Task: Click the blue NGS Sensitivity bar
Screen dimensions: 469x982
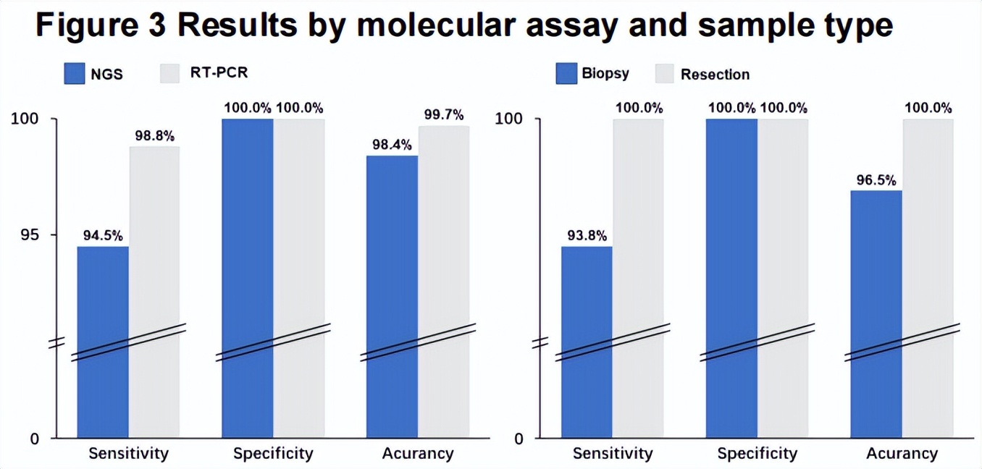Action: pos(103,340)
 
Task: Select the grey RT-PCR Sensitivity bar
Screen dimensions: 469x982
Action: pos(154,290)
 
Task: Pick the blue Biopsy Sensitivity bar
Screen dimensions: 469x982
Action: pos(587,340)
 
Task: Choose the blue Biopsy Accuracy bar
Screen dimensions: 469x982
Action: pos(876,311)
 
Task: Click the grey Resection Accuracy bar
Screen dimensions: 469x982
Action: pos(928,275)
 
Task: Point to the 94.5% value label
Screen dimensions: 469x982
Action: pos(103,235)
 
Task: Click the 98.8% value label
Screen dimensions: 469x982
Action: pos(154,135)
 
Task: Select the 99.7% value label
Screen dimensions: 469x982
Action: pos(443,114)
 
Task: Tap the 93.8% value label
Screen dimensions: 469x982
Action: pos(587,235)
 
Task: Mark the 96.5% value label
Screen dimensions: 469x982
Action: pos(876,179)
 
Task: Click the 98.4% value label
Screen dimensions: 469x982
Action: pos(392,144)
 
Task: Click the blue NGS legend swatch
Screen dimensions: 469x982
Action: pos(75,74)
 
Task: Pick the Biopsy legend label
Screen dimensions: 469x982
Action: pos(605,73)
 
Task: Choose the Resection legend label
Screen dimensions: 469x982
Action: pos(715,74)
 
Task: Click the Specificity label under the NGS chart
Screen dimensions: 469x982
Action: pos(273,454)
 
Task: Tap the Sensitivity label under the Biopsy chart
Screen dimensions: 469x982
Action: pos(613,454)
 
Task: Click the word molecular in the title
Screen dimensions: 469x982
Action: pos(441,26)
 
